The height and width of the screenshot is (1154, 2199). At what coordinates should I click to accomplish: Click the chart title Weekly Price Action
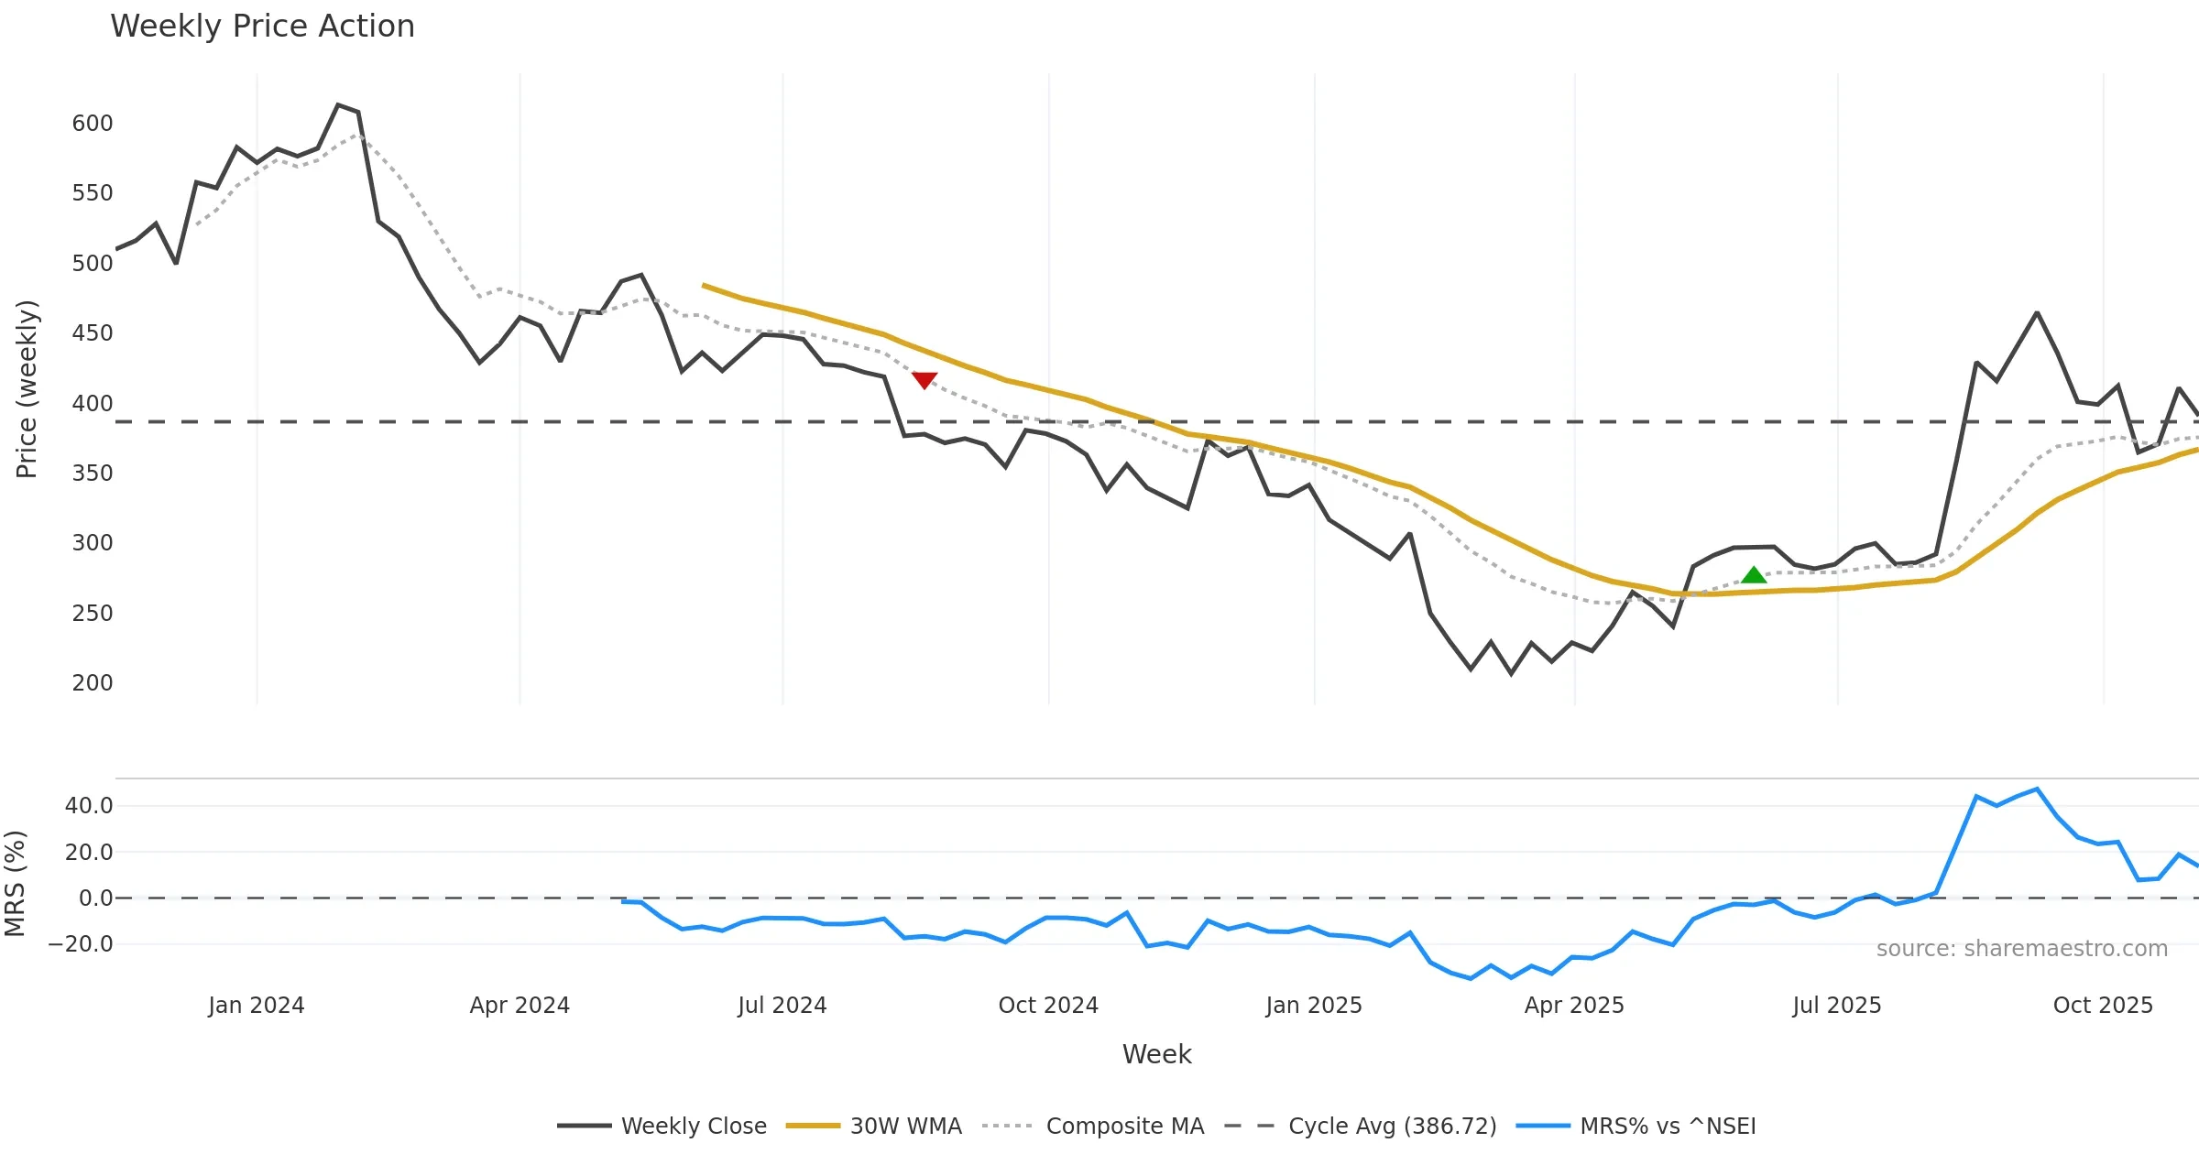point(262,27)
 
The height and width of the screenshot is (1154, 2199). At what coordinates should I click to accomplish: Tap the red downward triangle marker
point(924,380)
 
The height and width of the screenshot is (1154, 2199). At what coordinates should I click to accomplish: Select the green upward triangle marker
point(1754,575)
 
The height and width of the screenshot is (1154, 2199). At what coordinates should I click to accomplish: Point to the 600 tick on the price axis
point(93,124)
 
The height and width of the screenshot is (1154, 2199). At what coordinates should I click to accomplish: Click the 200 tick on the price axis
point(93,683)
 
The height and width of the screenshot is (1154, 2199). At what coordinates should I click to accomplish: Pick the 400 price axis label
point(93,404)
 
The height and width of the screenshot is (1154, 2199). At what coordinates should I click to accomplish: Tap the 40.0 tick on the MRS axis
point(89,806)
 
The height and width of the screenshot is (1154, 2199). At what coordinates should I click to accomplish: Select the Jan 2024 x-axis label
point(257,1006)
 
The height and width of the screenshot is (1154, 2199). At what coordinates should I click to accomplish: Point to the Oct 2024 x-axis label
point(1048,1006)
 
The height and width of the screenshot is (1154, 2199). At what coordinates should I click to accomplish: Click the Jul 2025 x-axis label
point(1837,1006)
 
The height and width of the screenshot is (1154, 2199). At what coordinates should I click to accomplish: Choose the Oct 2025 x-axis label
point(2103,1006)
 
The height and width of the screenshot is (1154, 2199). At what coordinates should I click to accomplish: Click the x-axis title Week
point(1156,1055)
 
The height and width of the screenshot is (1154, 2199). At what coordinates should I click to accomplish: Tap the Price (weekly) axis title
point(27,389)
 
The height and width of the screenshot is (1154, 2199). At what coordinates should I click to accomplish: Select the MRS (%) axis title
point(16,884)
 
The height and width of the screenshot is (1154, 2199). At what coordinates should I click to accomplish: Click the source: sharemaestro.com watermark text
point(2022,949)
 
